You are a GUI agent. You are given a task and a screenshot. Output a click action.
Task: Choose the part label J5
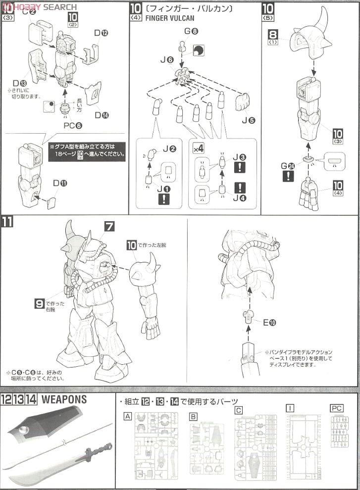247,119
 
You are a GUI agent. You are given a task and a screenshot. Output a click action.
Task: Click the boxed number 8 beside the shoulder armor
273,34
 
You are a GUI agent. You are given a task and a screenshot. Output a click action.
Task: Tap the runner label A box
127,417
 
